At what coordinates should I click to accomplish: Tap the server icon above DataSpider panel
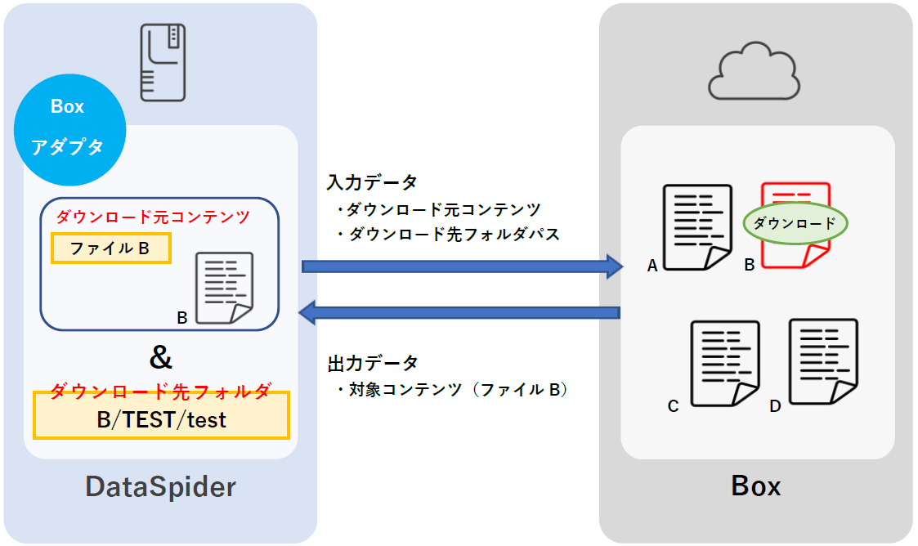163,61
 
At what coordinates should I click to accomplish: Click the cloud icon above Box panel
753,73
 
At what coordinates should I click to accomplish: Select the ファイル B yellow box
110,248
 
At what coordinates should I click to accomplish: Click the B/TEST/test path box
161,420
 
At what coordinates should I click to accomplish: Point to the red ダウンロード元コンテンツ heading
153,217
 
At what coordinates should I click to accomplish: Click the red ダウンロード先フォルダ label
161,391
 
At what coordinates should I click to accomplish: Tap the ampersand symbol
162,357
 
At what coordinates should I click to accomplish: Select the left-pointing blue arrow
461,311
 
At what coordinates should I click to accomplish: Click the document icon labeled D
822,360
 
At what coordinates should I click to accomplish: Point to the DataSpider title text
161,487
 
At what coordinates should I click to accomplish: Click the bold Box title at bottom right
755,486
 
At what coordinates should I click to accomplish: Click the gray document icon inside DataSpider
224,289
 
